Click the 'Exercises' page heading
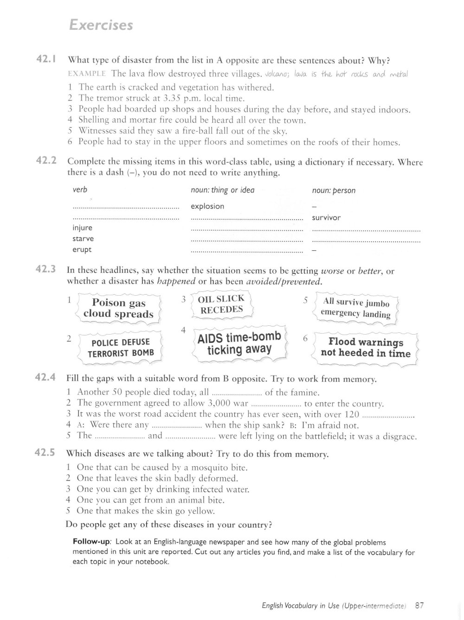click(100, 25)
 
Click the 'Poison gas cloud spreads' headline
click(118, 309)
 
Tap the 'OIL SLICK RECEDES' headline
click(221, 304)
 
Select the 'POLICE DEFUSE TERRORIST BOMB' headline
click(121, 348)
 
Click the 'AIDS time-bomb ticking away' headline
click(239, 343)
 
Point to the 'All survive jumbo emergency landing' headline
click(355, 308)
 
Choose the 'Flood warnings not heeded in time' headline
click(365, 348)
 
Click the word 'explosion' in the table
click(207, 206)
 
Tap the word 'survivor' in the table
click(326, 217)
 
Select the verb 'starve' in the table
click(83, 239)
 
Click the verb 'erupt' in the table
click(82, 249)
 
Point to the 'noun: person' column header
click(334, 190)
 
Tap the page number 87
click(420, 605)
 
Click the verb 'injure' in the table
click(83, 228)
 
